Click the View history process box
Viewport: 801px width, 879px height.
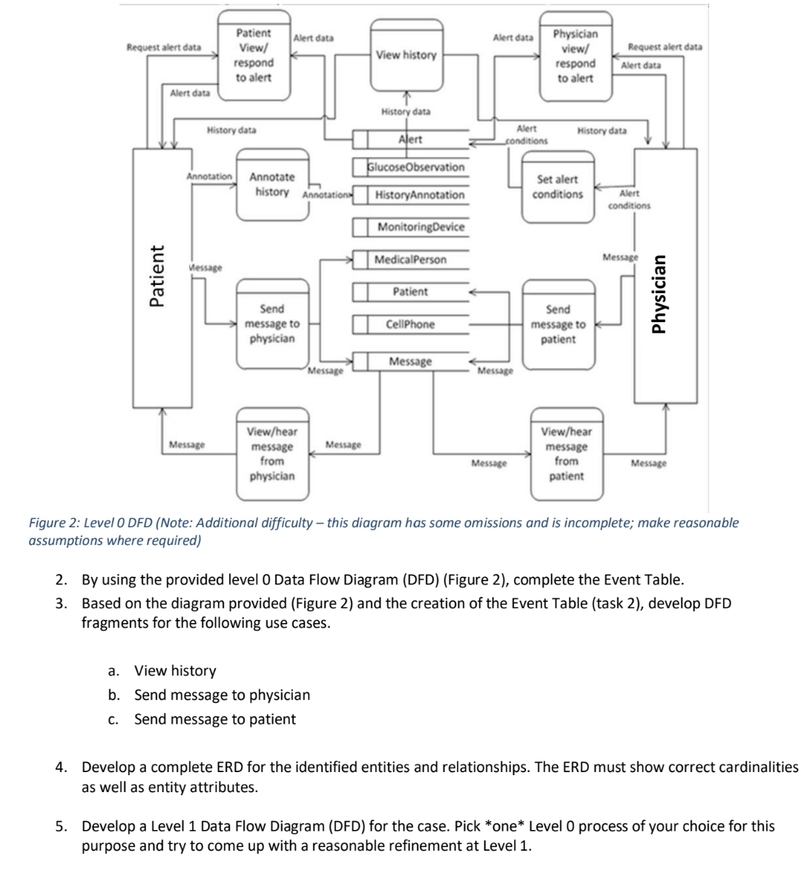tap(406, 55)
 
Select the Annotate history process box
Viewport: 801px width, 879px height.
tap(271, 185)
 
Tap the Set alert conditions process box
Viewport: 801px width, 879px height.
tap(557, 187)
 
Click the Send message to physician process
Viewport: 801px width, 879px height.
tap(271, 324)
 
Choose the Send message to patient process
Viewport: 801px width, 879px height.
tap(558, 324)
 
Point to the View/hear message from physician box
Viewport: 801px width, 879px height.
tap(271, 454)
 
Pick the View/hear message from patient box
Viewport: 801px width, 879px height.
tap(566, 454)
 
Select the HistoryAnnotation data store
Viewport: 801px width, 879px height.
tap(419, 195)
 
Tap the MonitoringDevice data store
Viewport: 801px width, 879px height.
tap(421, 227)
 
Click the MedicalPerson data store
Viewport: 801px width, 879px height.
tap(410, 260)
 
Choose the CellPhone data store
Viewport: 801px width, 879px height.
tap(410, 324)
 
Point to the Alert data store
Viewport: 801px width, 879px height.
tap(410, 140)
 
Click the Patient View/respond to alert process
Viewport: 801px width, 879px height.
tap(253, 56)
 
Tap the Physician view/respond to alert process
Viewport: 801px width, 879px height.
tap(575, 56)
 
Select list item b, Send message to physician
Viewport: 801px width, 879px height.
tap(222, 695)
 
